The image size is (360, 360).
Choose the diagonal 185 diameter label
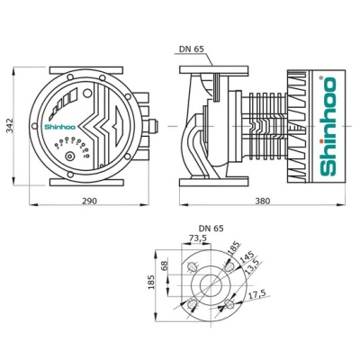pyautogui.click(x=235, y=246)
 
